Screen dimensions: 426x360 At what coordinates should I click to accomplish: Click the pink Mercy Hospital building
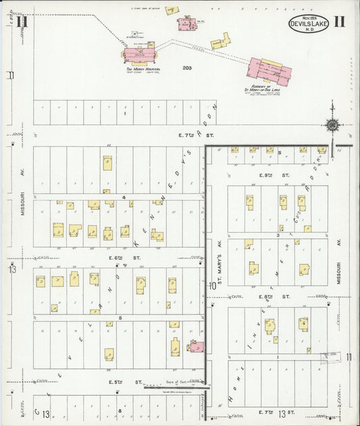(x=138, y=56)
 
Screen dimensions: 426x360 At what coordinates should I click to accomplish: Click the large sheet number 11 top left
(x=22, y=22)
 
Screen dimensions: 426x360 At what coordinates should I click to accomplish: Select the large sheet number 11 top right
(x=339, y=22)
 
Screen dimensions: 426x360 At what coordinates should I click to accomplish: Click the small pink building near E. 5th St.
(x=196, y=347)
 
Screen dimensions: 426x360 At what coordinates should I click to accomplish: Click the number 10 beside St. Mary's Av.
(x=212, y=286)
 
